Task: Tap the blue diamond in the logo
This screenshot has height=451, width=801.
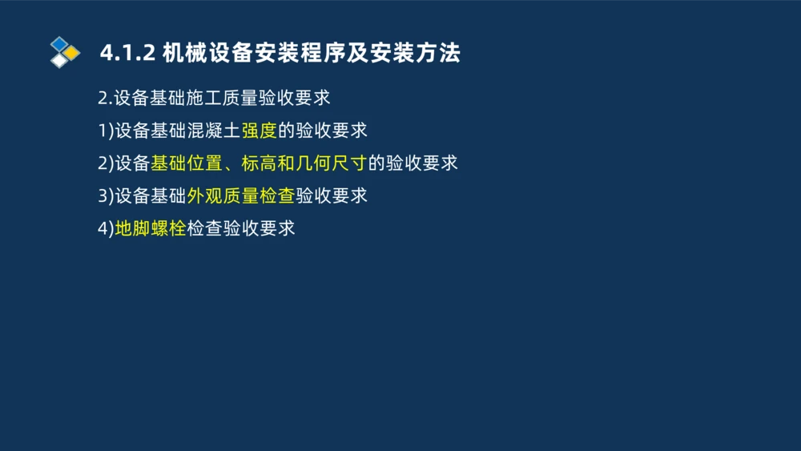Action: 59,43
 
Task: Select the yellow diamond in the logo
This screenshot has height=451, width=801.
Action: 71,53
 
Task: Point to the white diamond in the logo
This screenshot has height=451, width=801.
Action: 59,60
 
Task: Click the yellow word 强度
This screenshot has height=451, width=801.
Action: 260,131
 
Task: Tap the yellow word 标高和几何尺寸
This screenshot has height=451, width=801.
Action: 304,163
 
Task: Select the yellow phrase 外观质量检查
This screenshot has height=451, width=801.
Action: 241,195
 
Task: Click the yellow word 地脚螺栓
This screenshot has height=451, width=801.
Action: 151,228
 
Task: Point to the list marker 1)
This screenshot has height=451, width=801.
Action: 106,131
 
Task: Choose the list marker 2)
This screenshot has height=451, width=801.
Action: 106,163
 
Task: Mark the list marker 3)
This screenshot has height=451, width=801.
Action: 106,195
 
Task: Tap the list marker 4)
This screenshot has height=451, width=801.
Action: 106,228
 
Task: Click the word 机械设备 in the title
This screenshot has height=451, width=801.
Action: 197,54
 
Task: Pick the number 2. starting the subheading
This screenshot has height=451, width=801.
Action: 105,99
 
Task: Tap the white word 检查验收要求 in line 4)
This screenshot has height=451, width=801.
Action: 241,228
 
